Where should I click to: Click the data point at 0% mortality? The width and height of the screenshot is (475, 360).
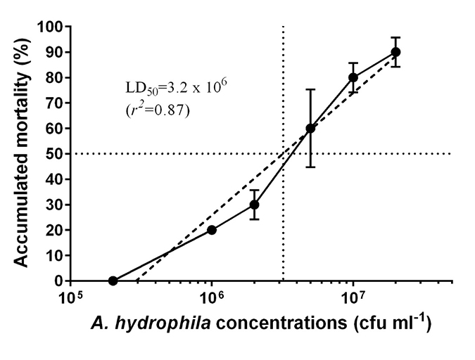(x=113, y=281)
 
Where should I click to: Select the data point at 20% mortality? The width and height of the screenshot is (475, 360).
(x=212, y=230)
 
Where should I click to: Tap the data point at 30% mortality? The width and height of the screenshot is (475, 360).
(x=254, y=205)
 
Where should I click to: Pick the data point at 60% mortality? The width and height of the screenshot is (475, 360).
(x=310, y=128)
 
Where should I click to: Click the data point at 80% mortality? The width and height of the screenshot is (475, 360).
(x=353, y=77)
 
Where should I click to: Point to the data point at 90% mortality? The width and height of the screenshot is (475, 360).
(x=395, y=52)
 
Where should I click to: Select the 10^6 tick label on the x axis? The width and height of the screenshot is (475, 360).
(x=212, y=299)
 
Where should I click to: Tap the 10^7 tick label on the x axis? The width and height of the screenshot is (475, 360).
(x=353, y=299)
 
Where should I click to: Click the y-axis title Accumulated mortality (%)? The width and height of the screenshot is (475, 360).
(x=23, y=153)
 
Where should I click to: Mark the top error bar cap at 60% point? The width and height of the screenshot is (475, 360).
(x=310, y=89)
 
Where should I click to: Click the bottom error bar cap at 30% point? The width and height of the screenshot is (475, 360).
(x=254, y=219)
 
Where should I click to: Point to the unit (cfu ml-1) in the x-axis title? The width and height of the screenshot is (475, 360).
(x=393, y=325)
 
